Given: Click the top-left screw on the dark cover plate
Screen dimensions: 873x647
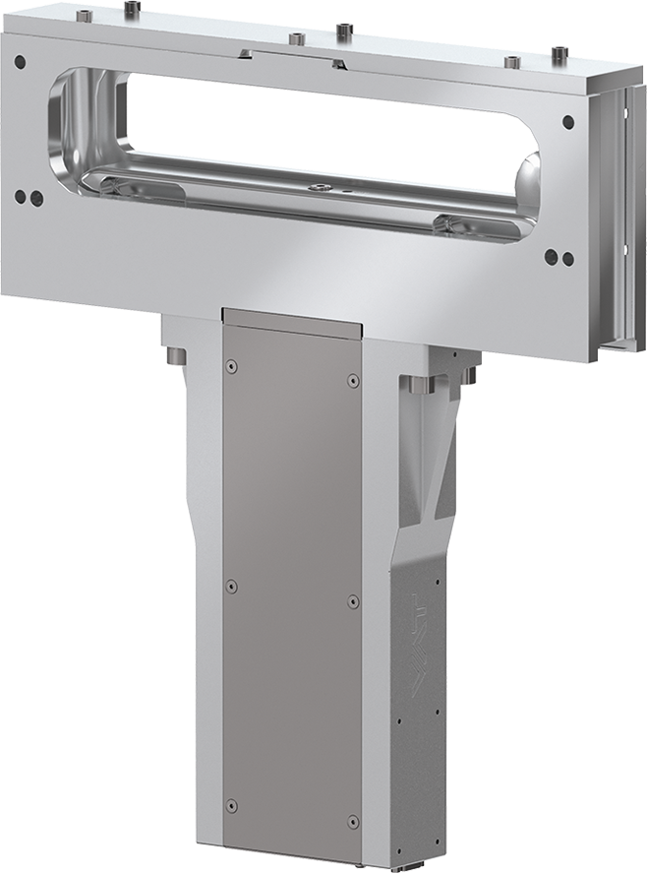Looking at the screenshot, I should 231,366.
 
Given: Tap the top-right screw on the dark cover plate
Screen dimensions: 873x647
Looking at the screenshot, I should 353,380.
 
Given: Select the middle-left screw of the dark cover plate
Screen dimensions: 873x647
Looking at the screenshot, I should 231,586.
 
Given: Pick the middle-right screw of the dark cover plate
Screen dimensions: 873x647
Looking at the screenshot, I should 353,599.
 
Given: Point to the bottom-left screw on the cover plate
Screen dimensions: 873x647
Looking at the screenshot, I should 231,806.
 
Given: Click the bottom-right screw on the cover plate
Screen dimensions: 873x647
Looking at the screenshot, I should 353,820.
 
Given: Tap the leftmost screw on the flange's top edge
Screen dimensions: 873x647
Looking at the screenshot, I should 85,15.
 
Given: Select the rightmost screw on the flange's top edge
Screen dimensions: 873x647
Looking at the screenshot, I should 559,53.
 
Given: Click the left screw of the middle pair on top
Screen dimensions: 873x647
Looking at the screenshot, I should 294,39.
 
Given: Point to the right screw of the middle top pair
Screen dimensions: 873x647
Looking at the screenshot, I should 342,31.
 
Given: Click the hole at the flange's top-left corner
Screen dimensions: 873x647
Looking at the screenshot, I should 20,62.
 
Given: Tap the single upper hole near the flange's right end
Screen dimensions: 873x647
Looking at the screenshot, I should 567,123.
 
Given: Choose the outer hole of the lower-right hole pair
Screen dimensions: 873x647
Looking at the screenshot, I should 567,260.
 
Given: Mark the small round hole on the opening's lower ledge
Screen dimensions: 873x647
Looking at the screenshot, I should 318,186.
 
